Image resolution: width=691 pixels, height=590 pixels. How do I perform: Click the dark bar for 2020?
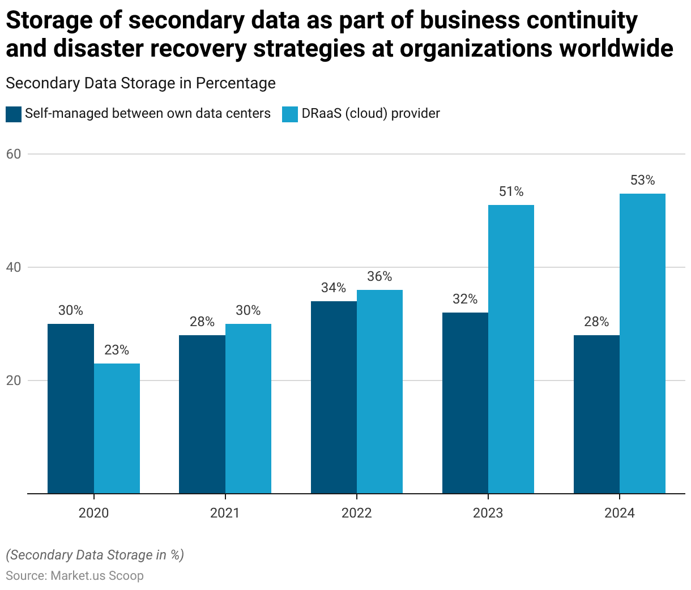click(71, 408)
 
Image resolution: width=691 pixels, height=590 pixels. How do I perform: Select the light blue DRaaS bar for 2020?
click(117, 428)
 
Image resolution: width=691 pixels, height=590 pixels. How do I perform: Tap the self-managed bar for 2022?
click(334, 397)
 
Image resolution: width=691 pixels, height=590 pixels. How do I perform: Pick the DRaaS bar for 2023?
click(511, 349)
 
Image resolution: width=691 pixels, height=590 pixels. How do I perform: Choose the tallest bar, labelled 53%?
click(642, 343)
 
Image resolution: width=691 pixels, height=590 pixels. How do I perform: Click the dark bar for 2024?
click(596, 414)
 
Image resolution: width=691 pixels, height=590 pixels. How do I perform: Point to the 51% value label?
click(511, 192)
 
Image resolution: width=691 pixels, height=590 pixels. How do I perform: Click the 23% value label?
click(117, 350)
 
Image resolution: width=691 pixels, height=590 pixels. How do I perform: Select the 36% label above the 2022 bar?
click(379, 277)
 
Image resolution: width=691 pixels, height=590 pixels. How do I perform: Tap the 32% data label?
click(465, 300)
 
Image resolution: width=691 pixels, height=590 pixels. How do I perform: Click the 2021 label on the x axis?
click(225, 514)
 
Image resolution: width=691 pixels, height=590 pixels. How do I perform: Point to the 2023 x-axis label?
click(488, 514)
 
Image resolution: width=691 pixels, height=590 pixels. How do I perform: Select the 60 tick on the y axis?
click(14, 154)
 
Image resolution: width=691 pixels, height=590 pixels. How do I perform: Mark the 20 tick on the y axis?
click(14, 380)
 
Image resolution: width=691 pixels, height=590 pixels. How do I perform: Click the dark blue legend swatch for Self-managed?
click(14, 114)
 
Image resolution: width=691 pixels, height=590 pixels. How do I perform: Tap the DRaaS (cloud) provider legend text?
click(370, 114)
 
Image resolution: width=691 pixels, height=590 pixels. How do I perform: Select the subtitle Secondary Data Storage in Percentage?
click(140, 83)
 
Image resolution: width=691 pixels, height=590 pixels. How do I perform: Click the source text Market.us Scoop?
click(97, 576)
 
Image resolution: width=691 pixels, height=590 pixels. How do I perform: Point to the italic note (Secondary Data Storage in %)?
click(95, 555)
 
